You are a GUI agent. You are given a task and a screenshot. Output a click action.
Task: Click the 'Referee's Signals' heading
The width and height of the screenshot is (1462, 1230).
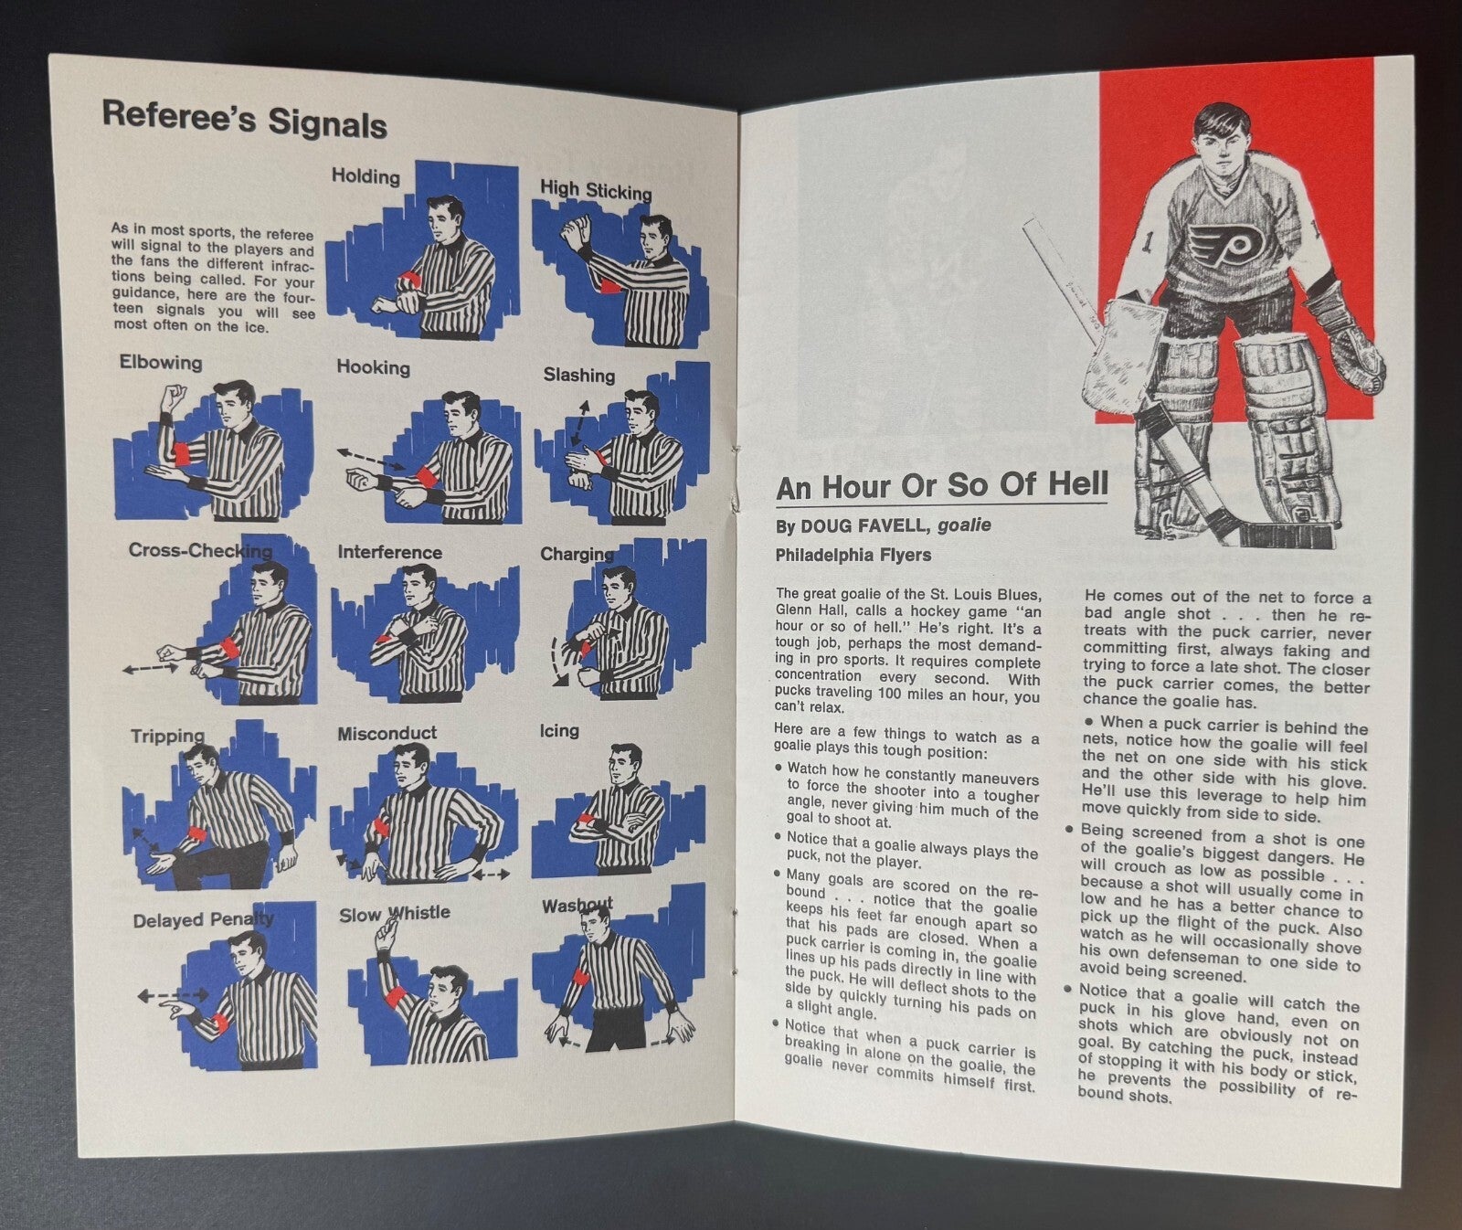[244, 119]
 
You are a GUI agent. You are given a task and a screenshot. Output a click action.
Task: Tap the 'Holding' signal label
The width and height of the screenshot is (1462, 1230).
[365, 176]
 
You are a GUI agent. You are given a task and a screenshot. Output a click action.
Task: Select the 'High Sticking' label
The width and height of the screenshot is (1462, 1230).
[596, 190]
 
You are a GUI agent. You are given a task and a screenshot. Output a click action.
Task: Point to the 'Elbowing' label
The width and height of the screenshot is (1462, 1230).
[161, 363]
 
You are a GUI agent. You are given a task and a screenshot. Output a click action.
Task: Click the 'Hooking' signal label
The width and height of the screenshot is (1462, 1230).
[373, 367]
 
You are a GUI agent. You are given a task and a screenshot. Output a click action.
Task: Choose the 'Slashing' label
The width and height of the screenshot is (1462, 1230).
[579, 375]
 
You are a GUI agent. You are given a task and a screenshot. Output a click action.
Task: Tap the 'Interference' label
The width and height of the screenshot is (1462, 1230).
[389, 552]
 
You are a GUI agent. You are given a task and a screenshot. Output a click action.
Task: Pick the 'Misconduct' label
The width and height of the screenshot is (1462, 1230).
[387, 733]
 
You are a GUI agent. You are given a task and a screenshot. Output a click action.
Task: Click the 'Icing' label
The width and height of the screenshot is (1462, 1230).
[559, 731]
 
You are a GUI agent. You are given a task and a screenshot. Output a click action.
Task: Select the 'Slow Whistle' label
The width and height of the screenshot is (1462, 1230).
[395, 913]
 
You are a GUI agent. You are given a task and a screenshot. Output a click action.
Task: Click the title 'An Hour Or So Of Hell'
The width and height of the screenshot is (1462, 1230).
[942, 486]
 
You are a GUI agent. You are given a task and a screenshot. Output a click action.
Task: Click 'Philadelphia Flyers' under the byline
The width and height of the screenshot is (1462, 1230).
[853, 555]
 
